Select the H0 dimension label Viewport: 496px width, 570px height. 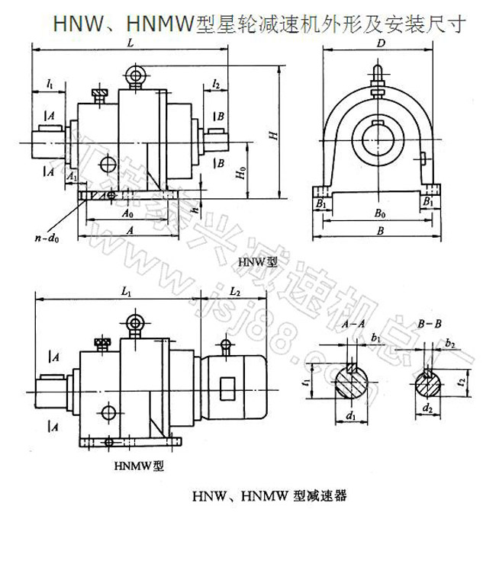(x=242, y=174)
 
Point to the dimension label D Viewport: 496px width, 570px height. (x=380, y=43)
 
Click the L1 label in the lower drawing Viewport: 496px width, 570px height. (x=127, y=290)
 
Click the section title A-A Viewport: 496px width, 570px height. (x=353, y=325)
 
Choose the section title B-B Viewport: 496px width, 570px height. (x=430, y=325)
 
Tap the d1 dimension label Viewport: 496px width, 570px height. (x=351, y=416)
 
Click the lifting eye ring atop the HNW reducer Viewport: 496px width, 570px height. (x=137, y=75)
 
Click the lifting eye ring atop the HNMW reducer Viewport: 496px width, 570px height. (x=135, y=322)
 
